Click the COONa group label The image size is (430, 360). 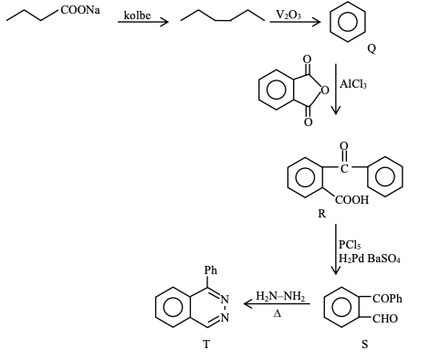click(x=80, y=10)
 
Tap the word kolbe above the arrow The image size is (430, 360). click(x=137, y=15)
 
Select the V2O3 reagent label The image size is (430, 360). click(x=288, y=14)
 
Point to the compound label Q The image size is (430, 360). click(x=372, y=48)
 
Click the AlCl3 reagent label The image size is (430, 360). click(x=353, y=84)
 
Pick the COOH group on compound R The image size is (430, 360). click(x=351, y=200)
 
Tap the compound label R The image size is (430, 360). click(x=321, y=214)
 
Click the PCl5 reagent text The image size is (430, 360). click(x=350, y=245)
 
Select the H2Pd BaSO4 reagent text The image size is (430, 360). click(x=370, y=259)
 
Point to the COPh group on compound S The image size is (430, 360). click(x=387, y=299)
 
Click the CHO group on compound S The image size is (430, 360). click(x=385, y=319)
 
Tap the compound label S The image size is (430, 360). click(x=364, y=344)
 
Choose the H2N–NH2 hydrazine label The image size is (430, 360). click(x=280, y=296)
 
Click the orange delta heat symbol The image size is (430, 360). click(x=278, y=313)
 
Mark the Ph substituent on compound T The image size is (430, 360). click(x=211, y=270)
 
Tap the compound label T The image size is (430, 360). click(x=206, y=344)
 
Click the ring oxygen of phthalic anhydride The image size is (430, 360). click(x=325, y=90)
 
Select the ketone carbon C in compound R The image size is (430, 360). click(x=344, y=168)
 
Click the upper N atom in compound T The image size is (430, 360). click(x=225, y=300)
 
